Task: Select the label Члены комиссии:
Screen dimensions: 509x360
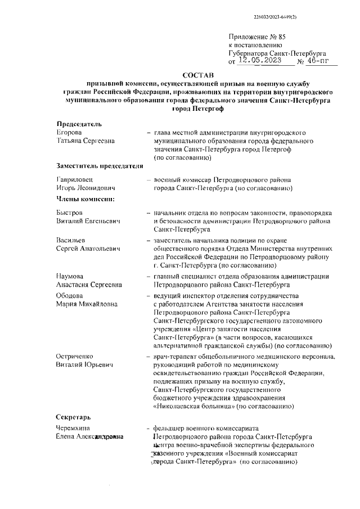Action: pos(85,199)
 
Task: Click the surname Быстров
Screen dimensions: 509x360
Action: pos(70,213)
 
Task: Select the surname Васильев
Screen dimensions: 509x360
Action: pos(71,241)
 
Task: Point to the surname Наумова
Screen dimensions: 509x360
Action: pos(71,276)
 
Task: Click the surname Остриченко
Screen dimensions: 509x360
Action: pos(77,357)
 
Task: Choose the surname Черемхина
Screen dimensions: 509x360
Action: pos(74,429)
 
